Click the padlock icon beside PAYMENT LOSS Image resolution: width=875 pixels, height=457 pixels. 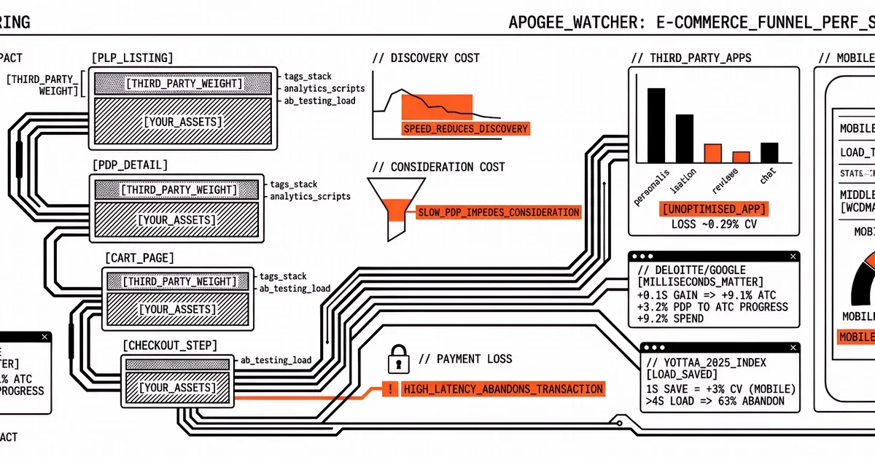(x=397, y=359)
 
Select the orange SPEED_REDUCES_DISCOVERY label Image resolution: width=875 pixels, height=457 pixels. (x=465, y=129)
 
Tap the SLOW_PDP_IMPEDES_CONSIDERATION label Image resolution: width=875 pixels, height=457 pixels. (x=498, y=213)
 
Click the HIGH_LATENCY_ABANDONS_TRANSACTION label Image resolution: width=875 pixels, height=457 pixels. (x=503, y=388)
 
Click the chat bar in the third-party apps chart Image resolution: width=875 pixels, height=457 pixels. (x=769, y=152)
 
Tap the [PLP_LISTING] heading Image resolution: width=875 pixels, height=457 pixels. (x=132, y=58)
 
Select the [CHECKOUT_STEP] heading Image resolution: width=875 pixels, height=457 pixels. (x=170, y=345)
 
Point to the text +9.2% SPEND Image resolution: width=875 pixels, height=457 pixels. (x=670, y=319)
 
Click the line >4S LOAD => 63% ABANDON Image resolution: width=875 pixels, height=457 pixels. (x=715, y=401)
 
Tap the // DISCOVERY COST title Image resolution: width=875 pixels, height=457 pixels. (x=426, y=58)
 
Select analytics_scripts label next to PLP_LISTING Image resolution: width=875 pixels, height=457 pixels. (x=324, y=88)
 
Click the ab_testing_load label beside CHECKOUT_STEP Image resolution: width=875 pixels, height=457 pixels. (x=276, y=359)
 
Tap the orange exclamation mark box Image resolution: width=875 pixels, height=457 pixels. (x=391, y=389)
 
